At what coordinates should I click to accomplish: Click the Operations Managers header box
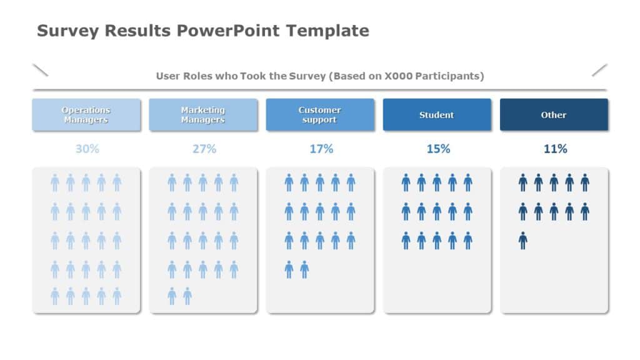coord(86,115)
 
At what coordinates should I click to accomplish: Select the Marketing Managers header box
coord(203,115)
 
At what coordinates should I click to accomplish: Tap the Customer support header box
coord(320,115)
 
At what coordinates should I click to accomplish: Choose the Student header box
coord(437,115)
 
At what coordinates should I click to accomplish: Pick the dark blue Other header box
coord(554,115)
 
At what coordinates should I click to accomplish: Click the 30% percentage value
coord(87,149)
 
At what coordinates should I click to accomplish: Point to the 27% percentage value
coord(204,149)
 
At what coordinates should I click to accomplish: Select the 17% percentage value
coord(321,149)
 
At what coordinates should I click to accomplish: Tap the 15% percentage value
coord(437,149)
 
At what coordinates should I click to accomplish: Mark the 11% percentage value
coord(555,149)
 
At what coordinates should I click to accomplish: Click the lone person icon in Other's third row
coord(522,241)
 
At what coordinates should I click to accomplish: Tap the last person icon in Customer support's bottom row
coord(304,269)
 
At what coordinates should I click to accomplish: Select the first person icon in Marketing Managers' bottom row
coord(172,296)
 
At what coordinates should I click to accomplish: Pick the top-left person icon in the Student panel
coord(406,182)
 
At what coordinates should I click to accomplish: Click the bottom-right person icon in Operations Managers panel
coord(117,296)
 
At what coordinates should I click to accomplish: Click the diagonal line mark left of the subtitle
coord(41,70)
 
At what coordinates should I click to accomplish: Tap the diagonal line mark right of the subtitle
coord(599,70)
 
